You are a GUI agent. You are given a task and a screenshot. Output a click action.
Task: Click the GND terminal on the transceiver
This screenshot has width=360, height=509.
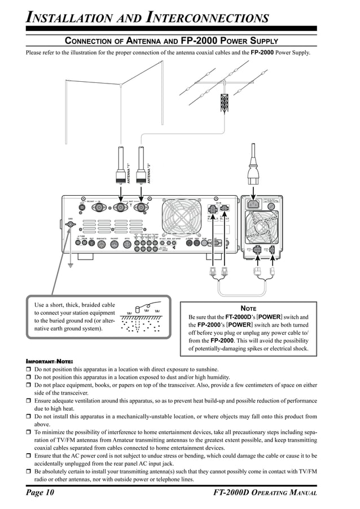71,225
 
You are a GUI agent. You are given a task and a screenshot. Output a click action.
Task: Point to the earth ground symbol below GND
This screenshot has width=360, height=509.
71,264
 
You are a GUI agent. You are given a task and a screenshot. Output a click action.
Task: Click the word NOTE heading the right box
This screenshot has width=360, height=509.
248,308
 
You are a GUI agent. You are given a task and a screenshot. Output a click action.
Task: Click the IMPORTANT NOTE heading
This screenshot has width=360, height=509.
50,361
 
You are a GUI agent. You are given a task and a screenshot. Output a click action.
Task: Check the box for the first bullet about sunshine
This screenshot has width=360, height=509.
29,370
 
